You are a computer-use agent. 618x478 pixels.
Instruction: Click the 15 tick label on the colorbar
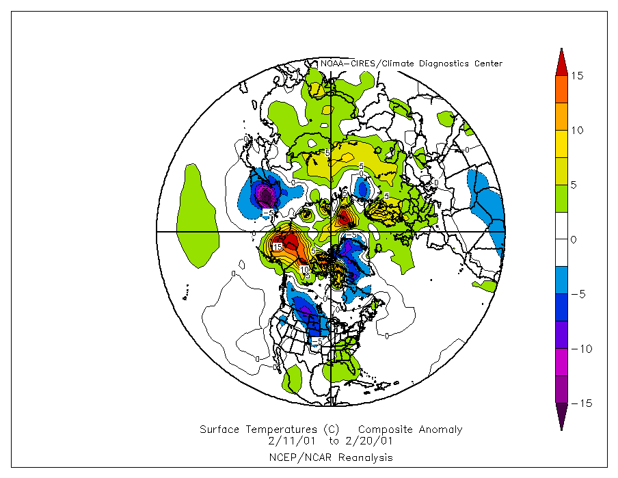pos(578,76)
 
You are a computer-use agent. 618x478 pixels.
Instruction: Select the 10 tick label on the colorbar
pos(578,131)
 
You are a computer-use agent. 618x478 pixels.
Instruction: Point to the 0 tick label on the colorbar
pos(574,240)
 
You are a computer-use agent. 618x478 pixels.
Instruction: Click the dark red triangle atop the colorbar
pos(561,60)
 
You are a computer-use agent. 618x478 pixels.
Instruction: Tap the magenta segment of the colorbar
pos(561,362)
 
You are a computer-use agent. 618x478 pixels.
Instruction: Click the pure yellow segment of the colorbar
pos(561,144)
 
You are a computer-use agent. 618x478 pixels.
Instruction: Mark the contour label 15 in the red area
pos(278,246)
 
